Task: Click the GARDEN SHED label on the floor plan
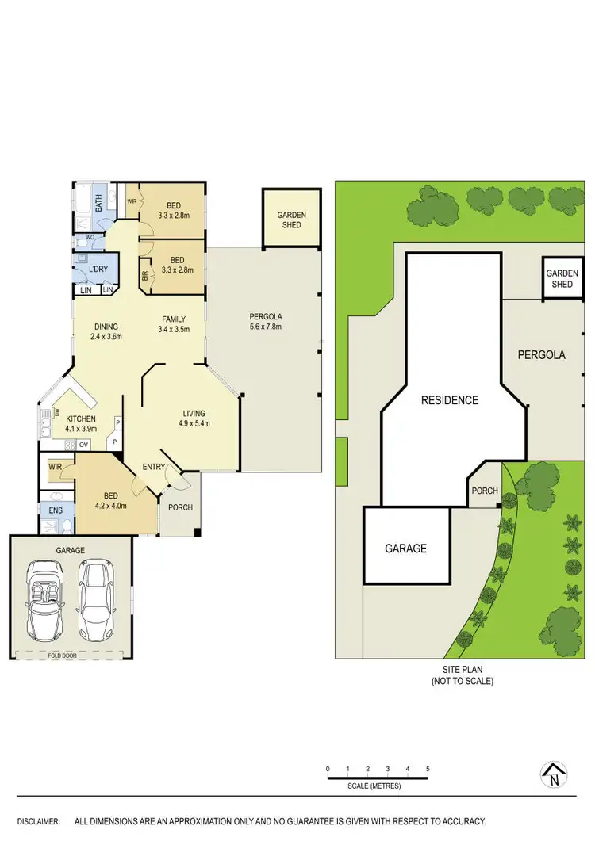pyautogui.click(x=291, y=220)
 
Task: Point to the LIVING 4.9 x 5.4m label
pyautogui.click(x=194, y=418)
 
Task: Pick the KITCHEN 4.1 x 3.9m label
pyautogui.click(x=80, y=423)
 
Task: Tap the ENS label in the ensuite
pyautogui.click(x=55, y=510)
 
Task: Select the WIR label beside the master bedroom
pyautogui.click(x=56, y=468)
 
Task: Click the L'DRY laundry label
pyautogui.click(x=98, y=270)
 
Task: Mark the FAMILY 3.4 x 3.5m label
pyautogui.click(x=174, y=324)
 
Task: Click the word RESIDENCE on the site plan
pyautogui.click(x=450, y=400)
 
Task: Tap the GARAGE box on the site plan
pyautogui.click(x=406, y=548)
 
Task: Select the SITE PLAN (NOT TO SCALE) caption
pyautogui.click(x=462, y=675)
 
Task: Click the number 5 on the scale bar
pyautogui.click(x=428, y=769)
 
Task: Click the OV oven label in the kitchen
pyautogui.click(x=83, y=444)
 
